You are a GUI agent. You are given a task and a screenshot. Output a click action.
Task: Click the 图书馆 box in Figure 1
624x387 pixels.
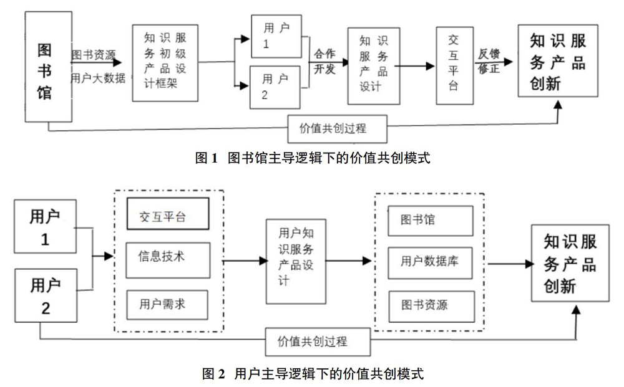coord(49,66)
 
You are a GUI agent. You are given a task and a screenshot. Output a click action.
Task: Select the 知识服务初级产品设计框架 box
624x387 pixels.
coord(165,63)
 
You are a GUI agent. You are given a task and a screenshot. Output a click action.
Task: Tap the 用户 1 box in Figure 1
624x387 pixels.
coord(276,36)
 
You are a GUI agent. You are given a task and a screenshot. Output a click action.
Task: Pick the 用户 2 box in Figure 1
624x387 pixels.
coord(275,87)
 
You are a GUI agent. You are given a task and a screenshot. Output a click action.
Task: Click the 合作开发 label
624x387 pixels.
coord(324,61)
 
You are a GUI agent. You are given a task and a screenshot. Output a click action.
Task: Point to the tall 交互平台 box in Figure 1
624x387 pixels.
coord(454,65)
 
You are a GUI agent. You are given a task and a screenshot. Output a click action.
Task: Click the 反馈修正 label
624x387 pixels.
coord(489,61)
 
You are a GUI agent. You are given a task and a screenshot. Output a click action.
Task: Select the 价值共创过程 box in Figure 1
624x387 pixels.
coord(337,129)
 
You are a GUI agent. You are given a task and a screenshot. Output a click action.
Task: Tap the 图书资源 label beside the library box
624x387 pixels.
coord(93,55)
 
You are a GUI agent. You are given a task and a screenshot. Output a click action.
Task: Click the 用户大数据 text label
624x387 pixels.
coord(98,78)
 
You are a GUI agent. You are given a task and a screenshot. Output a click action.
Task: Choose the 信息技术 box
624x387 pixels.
coord(168,260)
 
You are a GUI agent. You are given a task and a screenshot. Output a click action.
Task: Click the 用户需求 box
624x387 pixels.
coord(167,305)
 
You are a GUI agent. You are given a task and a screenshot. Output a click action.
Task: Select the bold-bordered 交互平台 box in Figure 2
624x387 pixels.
coord(168,214)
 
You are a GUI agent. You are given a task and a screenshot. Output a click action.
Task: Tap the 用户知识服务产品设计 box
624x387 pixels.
coord(296,262)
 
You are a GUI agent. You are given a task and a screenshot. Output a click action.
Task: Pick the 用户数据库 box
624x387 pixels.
coord(430,262)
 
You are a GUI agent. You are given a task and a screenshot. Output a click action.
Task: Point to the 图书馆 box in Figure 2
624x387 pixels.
coord(431,221)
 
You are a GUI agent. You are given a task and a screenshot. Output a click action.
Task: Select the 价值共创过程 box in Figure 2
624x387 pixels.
coord(318,342)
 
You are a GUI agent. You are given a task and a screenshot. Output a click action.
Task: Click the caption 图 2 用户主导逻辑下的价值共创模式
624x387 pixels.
coord(313,373)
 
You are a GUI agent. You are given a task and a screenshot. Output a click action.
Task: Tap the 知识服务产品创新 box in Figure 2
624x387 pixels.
coord(570,263)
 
